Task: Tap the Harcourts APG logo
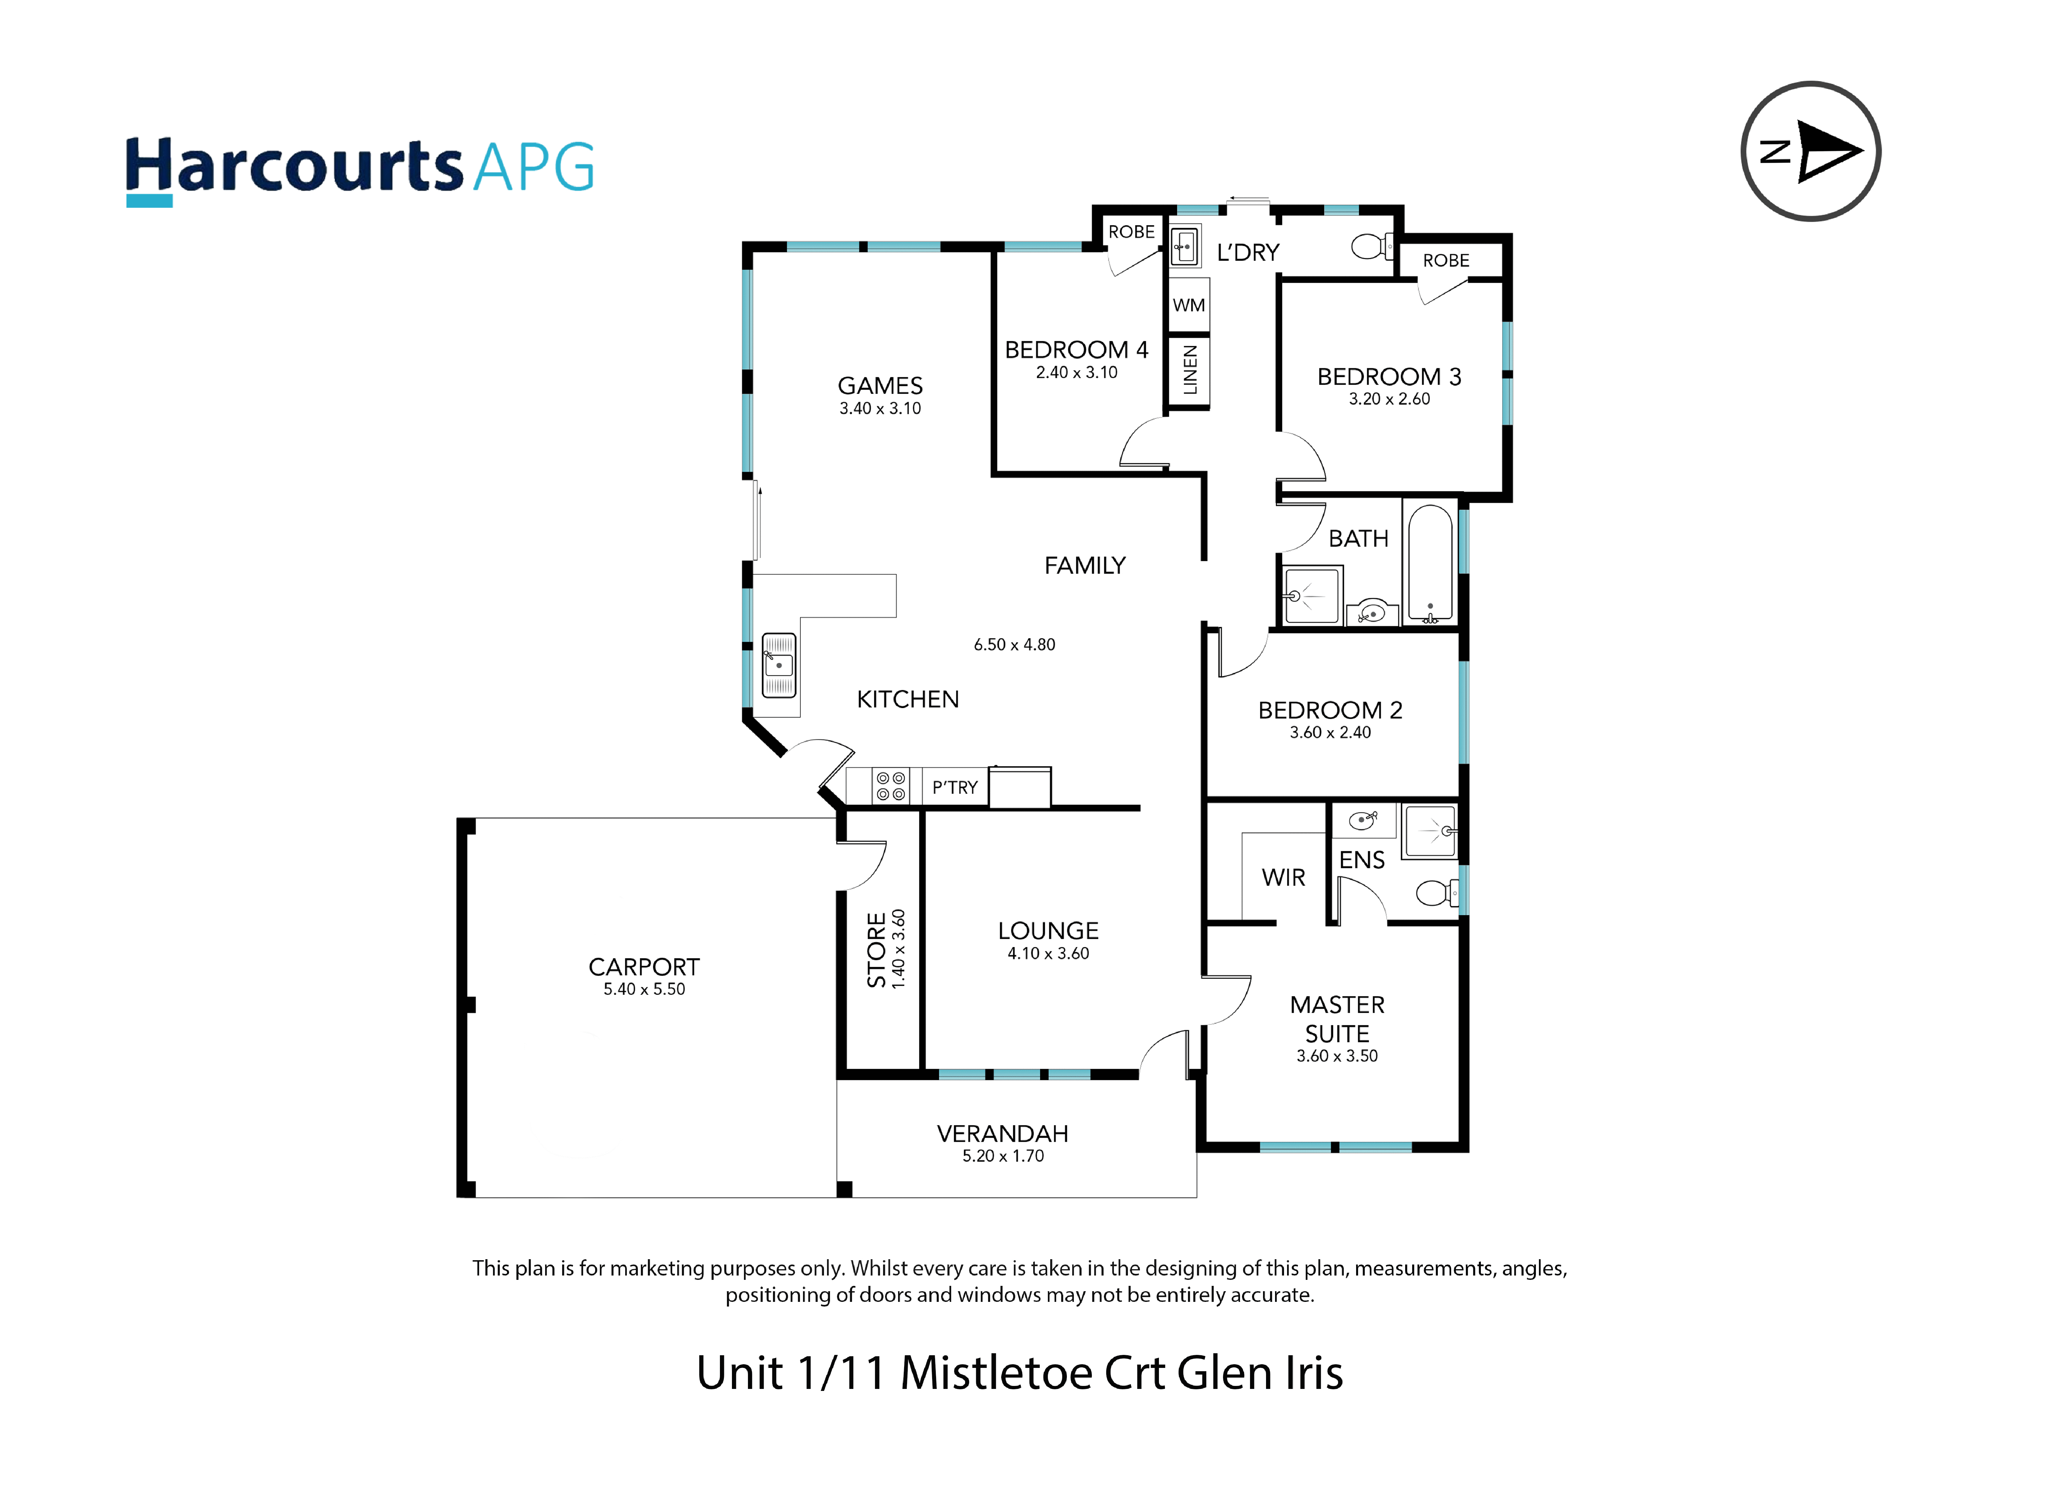(360, 170)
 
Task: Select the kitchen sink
(778, 665)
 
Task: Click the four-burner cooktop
(890, 786)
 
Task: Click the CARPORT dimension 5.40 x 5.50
(644, 990)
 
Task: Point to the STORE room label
(876, 950)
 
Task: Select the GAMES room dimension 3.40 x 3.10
(880, 409)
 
